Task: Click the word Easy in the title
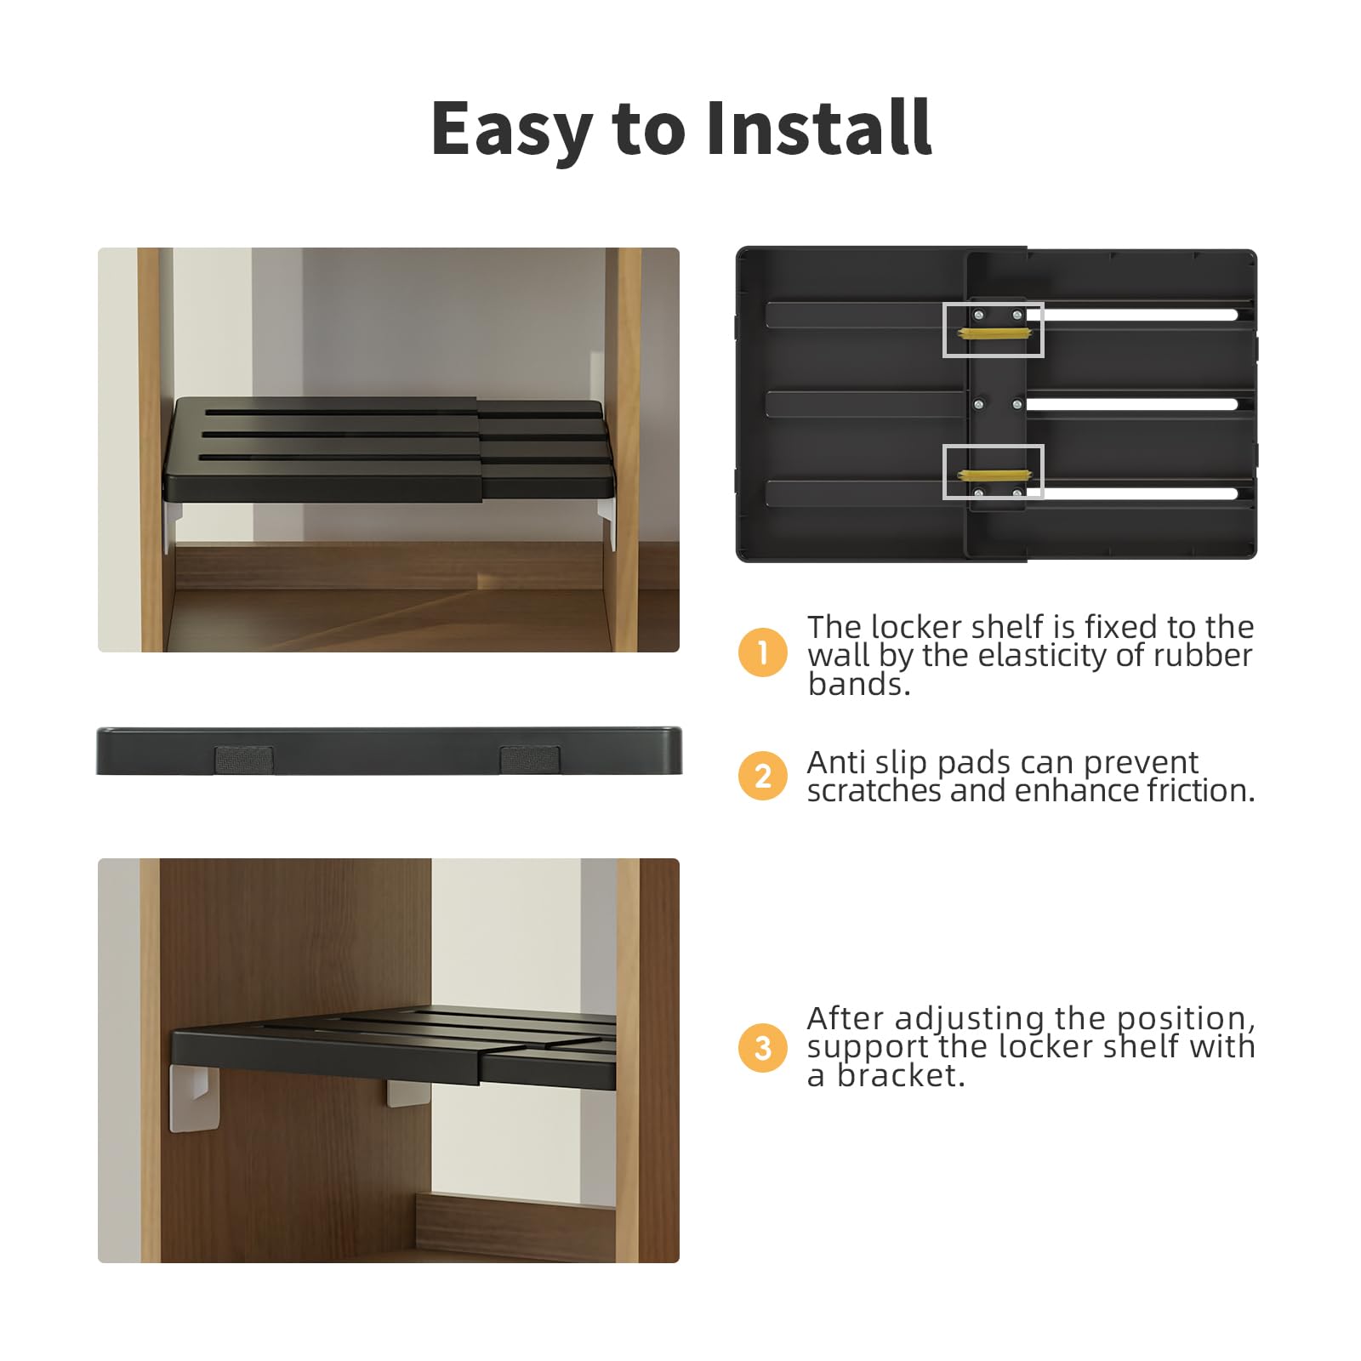pos(512,128)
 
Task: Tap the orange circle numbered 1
pos(763,652)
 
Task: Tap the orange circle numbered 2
pos(763,776)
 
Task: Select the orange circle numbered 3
pos(763,1047)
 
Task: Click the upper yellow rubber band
pos(994,333)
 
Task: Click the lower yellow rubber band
pos(994,475)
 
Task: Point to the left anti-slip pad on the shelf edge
pos(244,760)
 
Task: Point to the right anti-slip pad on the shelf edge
pos(529,760)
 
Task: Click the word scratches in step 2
pos(874,790)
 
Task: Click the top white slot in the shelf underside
pos(1132,315)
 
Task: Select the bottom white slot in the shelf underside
pos(1132,493)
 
